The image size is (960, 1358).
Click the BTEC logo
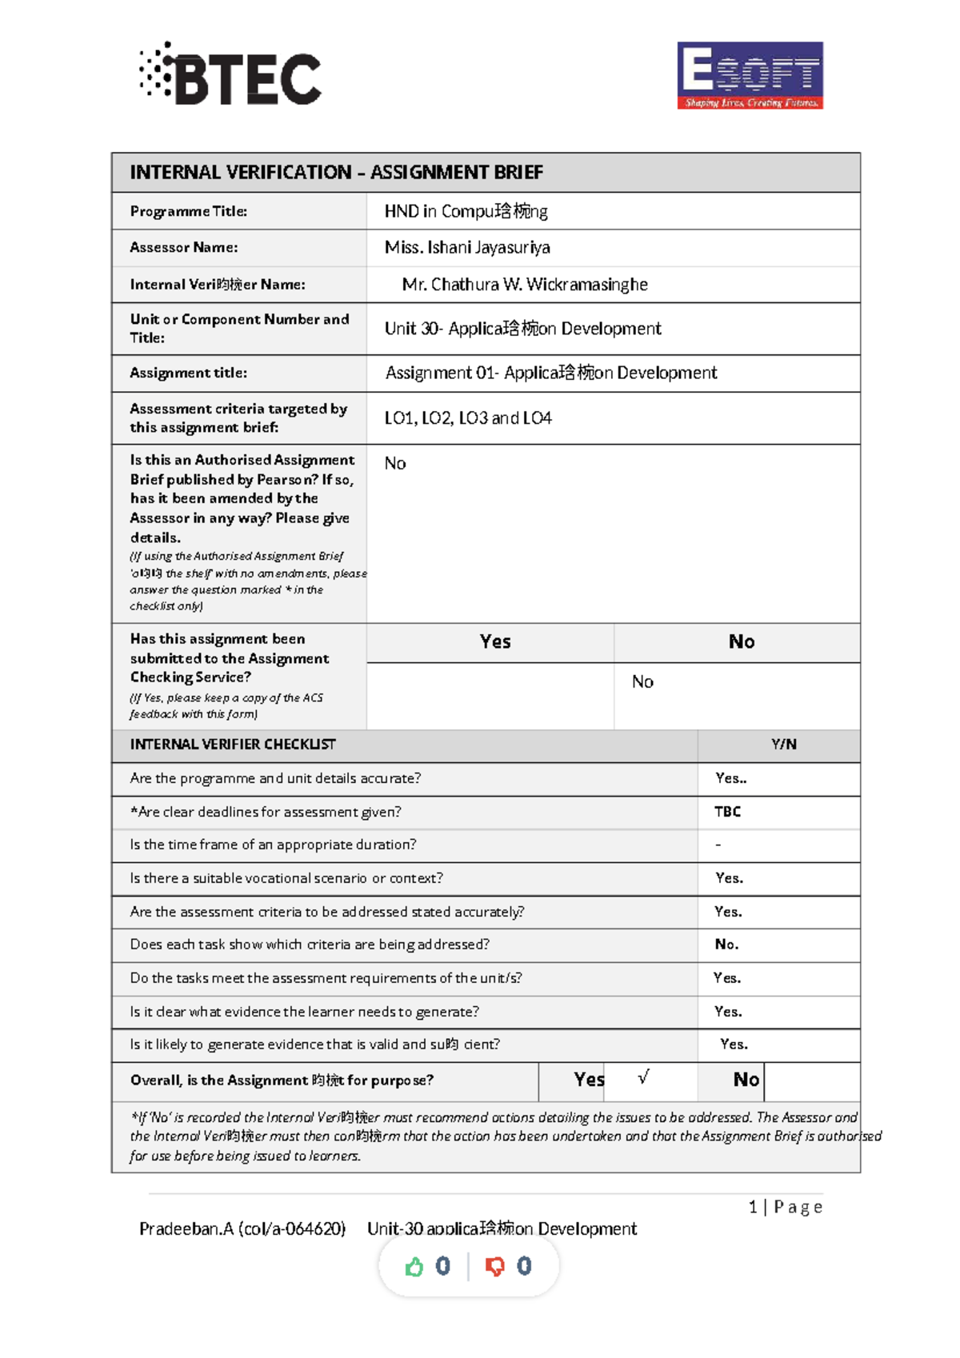point(231,75)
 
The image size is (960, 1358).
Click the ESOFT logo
point(750,75)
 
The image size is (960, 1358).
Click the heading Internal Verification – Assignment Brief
point(336,172)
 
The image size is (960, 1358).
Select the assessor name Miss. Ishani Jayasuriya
point(467,247)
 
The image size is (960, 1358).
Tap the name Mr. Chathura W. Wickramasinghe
point(525,284)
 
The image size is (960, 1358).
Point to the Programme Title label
point(189,211)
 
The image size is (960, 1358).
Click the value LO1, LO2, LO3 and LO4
point(468,417)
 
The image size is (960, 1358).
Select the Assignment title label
point(189,373)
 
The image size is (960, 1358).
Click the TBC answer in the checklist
point(727,812)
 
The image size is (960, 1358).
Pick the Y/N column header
point(783,744)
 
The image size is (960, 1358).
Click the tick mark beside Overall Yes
point(643,1077)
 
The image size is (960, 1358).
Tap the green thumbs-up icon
point(414,1266)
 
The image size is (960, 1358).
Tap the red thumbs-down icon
point(495,1266)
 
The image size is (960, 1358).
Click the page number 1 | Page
point(785,1207)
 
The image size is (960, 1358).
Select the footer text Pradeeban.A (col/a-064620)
point(242,1228)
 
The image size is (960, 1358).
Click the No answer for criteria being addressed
point(726,945)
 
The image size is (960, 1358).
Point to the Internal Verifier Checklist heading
point(233,744)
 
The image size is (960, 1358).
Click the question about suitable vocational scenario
point(286,878)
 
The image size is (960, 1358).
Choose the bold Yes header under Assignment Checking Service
point(495,641)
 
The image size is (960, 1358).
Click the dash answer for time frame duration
point(718,845)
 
